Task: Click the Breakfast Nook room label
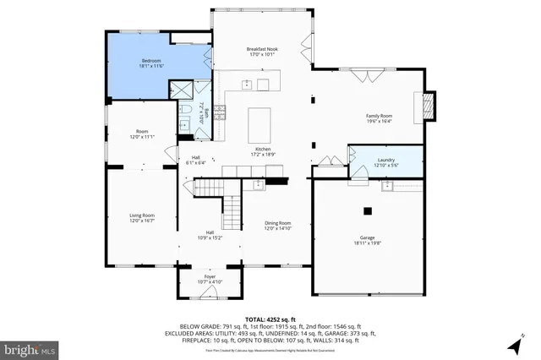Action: click(x=262, y=50)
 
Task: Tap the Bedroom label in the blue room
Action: click(x=151, y=62)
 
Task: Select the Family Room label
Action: click(x=379, y=115)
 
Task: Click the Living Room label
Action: click(x=141, y=215)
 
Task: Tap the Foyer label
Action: click(x=210, y=276)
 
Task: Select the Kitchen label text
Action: click(x=263, y=149)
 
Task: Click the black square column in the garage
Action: click(x=368, y=211)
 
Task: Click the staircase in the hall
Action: click(x=232, y=206)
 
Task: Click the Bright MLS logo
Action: click(x=30, y=347)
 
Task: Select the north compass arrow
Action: click(x=513, y=346)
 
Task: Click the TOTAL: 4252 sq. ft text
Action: click(x=270, y=318)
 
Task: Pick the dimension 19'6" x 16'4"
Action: click(x=379, y=121)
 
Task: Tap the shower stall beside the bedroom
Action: click(x=181, y=90)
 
